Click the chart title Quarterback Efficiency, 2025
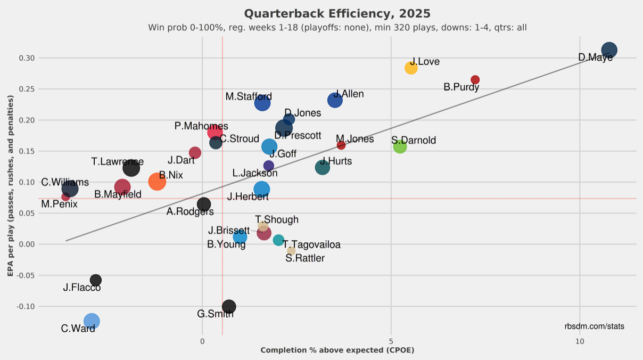pos(337,13)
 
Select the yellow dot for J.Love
pos(411,68)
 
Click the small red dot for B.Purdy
pos(475,80)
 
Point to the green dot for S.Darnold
pos(400,146)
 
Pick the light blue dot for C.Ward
pos(92,321)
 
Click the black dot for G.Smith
pos(229,306)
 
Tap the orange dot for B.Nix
pos(157,182)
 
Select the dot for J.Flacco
pos(96,280)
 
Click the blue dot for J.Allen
pos(335,100)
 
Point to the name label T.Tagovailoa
pos(311,245)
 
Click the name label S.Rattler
pos(305,258)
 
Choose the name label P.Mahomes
pos(201,126)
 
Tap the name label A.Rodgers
pos(190,211)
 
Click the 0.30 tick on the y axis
pos(27,58)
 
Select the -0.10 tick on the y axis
pos(26,306)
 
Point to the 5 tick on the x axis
pos(391,341)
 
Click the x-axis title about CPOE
pos(337,350)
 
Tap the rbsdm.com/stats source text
pos(595,326)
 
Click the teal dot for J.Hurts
pos(322,167)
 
